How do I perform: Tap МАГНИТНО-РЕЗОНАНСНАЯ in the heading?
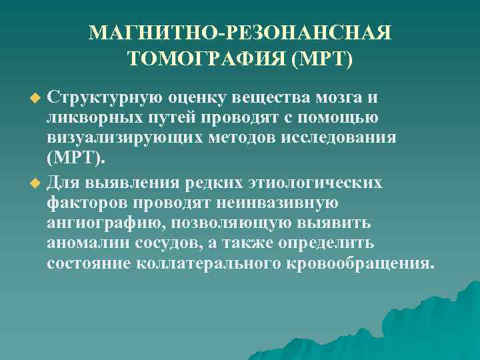240,33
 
